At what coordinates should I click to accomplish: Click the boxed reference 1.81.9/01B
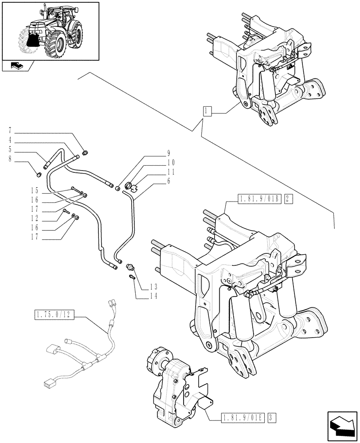click(259, 199)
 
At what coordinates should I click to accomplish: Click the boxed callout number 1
click(207, 111)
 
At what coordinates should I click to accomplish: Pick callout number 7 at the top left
click(10, 130)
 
